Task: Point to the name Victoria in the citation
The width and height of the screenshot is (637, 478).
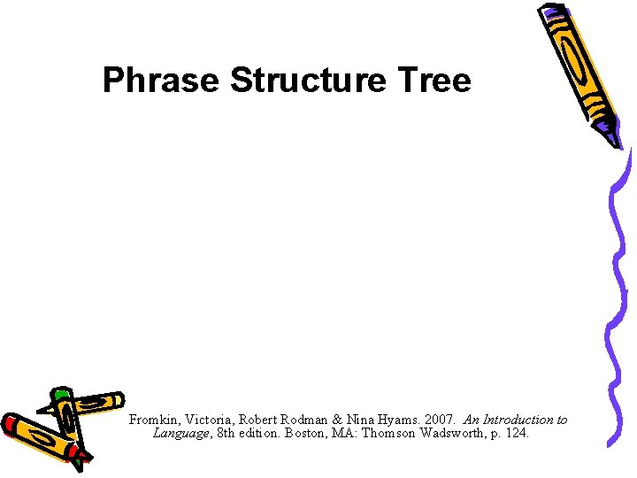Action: (x=205, y=420)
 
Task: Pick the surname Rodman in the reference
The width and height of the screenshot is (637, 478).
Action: (x=303, y=420)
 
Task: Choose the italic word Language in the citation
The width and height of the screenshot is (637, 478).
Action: (x=181, y=434)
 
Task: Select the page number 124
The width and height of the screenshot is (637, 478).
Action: (x=518, y=434)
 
